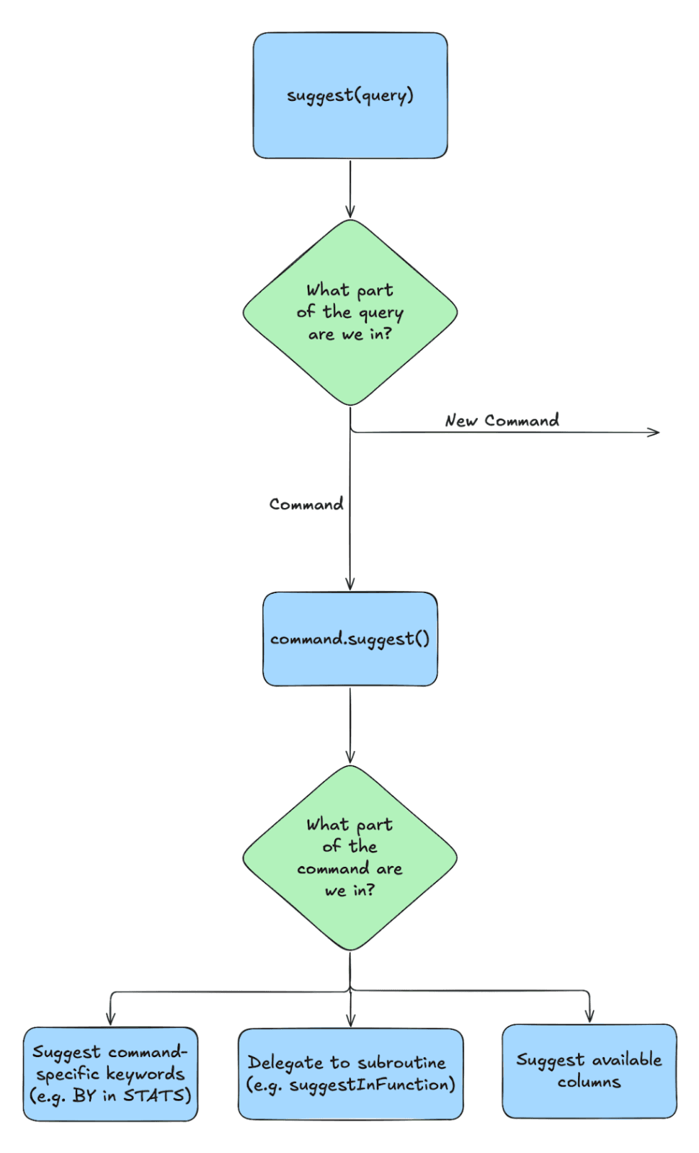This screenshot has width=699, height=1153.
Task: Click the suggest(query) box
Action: click(x=350, y=95)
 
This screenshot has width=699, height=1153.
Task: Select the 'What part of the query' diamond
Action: click(x=350, y=312)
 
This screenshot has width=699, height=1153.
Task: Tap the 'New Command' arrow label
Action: click(x=502, y=420)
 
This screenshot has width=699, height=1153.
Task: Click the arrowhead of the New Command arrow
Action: click(x=655, y=432)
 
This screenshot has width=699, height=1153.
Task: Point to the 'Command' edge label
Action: click(x=306, y=504)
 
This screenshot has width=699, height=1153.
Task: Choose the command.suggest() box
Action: click(x=350, y=639)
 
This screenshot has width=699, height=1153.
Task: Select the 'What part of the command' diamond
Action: click(x=350, y=858)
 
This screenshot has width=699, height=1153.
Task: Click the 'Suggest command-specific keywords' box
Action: click(x=110, y=1074)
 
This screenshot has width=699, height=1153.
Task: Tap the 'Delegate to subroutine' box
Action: click(x=350, y=1074)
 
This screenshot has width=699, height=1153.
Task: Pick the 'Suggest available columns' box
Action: click(x=589, y=1071)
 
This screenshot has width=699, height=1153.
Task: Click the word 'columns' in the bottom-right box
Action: click(x=589, y=1082)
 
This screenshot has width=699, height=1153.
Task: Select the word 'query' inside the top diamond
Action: click(x=381, y=313)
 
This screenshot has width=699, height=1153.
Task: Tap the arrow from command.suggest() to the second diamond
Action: click(x=350, y=724)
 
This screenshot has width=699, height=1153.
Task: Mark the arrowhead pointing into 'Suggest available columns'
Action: click(x=589, y=1017)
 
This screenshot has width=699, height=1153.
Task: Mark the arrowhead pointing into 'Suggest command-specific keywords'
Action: click(x=110, y=1019)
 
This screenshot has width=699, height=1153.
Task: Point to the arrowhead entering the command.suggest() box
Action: click(x=350, y=585)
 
